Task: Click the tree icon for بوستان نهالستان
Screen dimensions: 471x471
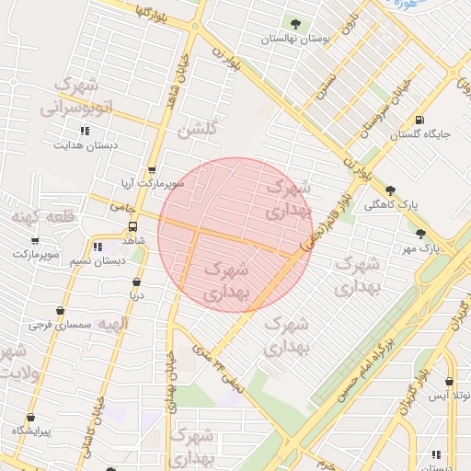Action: (x=295, y=24)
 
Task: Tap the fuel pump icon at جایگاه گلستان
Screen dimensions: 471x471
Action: (x=420, y=120)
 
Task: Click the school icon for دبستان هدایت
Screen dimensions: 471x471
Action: (x=86, y=131)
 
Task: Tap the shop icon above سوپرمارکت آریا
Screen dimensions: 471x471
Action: (x=152, y=170)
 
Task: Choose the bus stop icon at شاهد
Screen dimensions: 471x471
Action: (x=132, y=226)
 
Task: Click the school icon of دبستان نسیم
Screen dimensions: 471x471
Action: (x=98, y=247)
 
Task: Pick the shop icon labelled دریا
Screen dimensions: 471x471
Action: (x=136, y=282)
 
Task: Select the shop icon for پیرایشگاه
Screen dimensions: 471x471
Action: (x=30, y=417)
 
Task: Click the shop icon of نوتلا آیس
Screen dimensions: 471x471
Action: (x=449, y=382)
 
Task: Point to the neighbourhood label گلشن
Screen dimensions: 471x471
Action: (x=199, y=131)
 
